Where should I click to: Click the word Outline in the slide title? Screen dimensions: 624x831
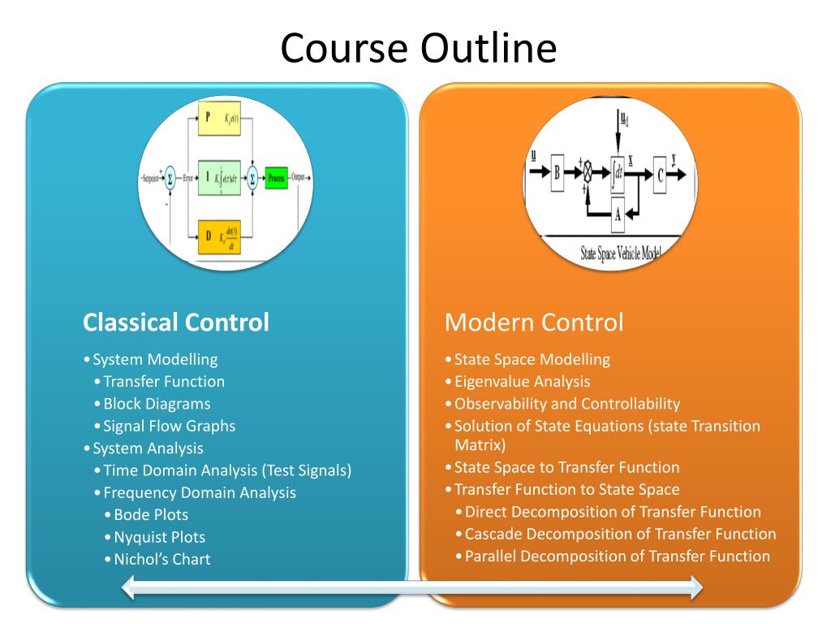pos(489,49)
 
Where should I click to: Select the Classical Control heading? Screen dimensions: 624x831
pos(175,323)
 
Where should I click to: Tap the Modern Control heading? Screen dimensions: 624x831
pos(534,323)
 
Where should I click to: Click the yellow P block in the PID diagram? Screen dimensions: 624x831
pos(220,119)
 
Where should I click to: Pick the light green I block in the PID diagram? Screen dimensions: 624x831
pos(220,178)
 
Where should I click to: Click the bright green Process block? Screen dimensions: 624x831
pos(277,178)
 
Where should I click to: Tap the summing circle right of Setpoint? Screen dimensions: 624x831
pos(170,178)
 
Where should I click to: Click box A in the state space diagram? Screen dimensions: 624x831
pos(617,214)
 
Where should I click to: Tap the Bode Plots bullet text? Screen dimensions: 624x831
pos(151,515)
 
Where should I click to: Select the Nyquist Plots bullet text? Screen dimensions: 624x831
pos(159,537)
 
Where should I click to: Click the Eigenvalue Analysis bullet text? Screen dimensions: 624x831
pos(522,382)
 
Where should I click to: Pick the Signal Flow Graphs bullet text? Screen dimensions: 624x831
pos(169,426)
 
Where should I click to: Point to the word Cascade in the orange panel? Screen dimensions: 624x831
pos(493,534)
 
